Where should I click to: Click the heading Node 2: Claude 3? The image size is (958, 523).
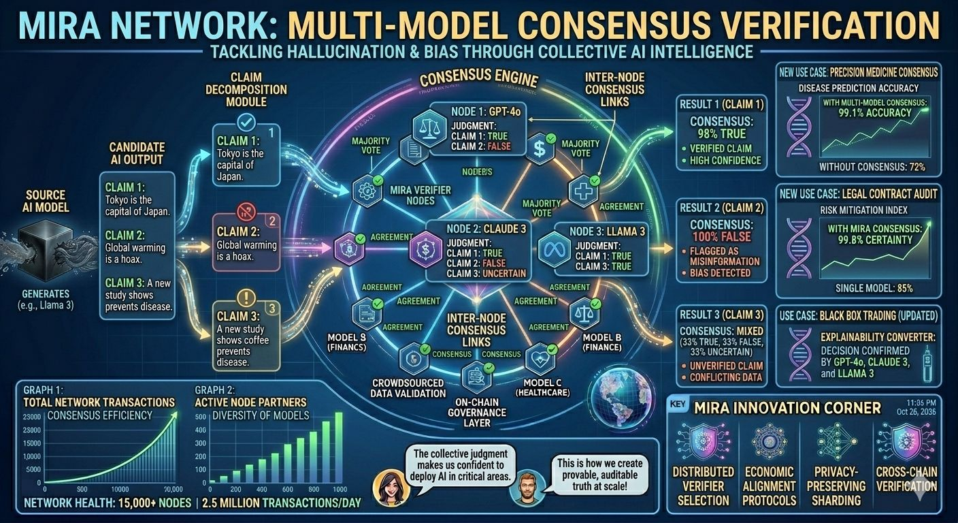pos(486,229)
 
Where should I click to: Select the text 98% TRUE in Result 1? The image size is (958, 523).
pos(718,133)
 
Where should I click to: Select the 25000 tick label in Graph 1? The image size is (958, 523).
pos(33,430)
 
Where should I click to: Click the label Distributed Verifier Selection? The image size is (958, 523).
pos(704,486)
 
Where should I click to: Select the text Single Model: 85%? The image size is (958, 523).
pos(874,288)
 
